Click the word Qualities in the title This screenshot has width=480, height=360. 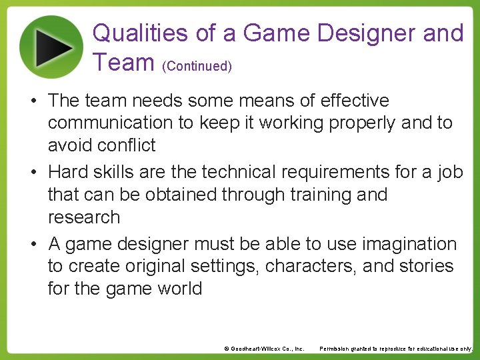[x=133, y=33]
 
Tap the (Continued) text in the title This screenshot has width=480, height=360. [x=198, y=66]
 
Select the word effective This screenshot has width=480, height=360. [x=355, y=101]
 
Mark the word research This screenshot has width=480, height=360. [x=84, y=217]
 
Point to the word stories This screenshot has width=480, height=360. [x=426, y=266]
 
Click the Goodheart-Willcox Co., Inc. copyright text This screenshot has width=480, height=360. [x=264, y=349]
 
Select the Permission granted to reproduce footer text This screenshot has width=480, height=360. [x=396, y=349]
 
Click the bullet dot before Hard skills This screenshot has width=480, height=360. [x=33, y=173]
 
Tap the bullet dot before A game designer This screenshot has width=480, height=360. [x=33, y=245]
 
